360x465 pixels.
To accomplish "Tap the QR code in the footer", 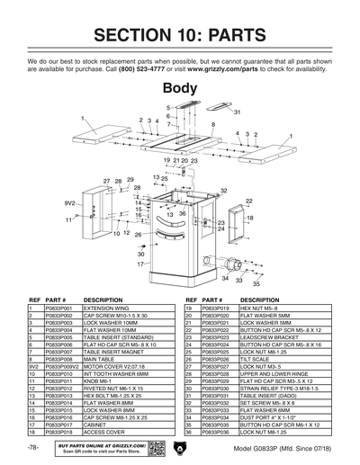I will (155, 449).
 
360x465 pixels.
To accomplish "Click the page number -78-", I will (32, 448).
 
